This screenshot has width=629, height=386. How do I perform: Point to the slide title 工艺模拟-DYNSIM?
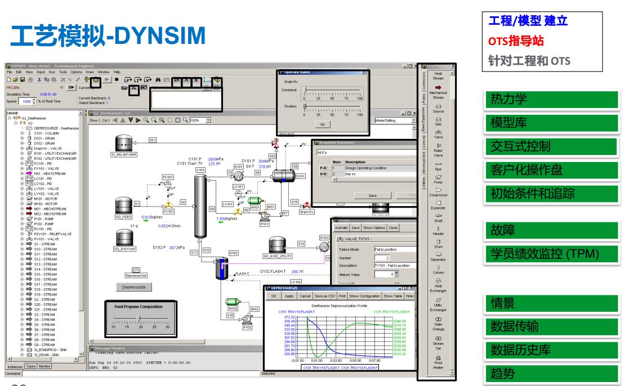[x=110, y=35]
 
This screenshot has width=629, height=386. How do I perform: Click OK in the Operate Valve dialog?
[x=322, y=124]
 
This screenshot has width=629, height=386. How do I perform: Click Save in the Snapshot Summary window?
[x=372, y=195]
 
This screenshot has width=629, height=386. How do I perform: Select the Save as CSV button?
[x=328, y=295]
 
